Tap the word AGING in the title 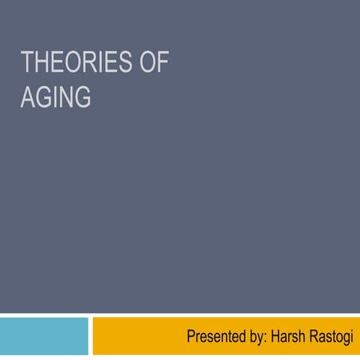(x=55, y=97)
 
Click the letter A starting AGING (x=27, y=97)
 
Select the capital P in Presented (x=190, y=337)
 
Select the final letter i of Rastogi (x=352, y=337)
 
